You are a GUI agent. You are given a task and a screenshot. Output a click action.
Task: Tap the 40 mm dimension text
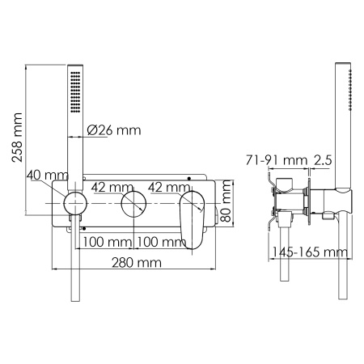(44, 176)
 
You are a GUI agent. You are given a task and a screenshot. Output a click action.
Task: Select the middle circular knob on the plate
(133, 207)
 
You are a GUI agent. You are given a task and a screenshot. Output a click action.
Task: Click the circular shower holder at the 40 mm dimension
(74, 205)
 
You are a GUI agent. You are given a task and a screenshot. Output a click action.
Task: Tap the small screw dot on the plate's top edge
(187, 176)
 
